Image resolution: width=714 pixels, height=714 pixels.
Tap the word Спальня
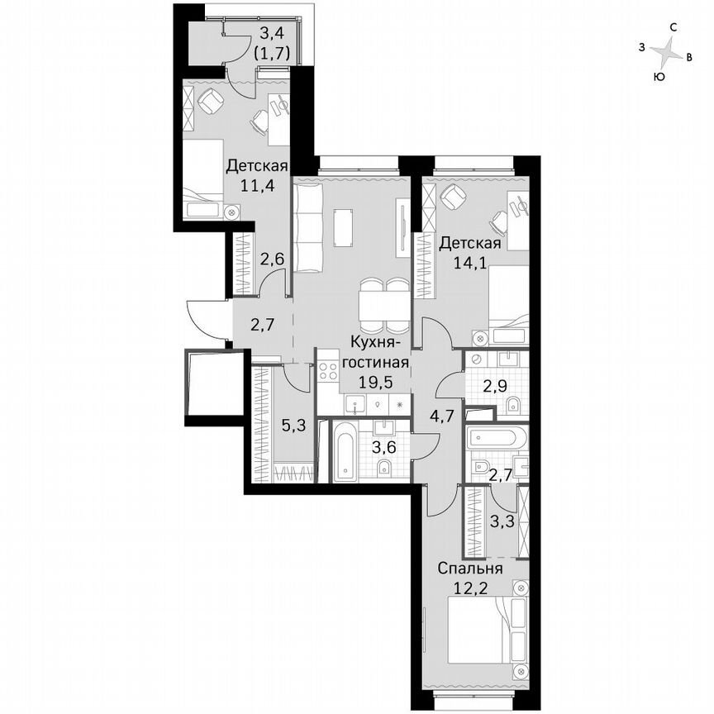(x=469, y=569)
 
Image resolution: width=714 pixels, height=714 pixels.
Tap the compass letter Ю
(x=659, y=77)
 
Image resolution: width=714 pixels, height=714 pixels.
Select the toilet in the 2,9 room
(x=512, y=402)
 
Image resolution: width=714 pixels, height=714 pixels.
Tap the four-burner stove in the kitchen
(x=327, y=369)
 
